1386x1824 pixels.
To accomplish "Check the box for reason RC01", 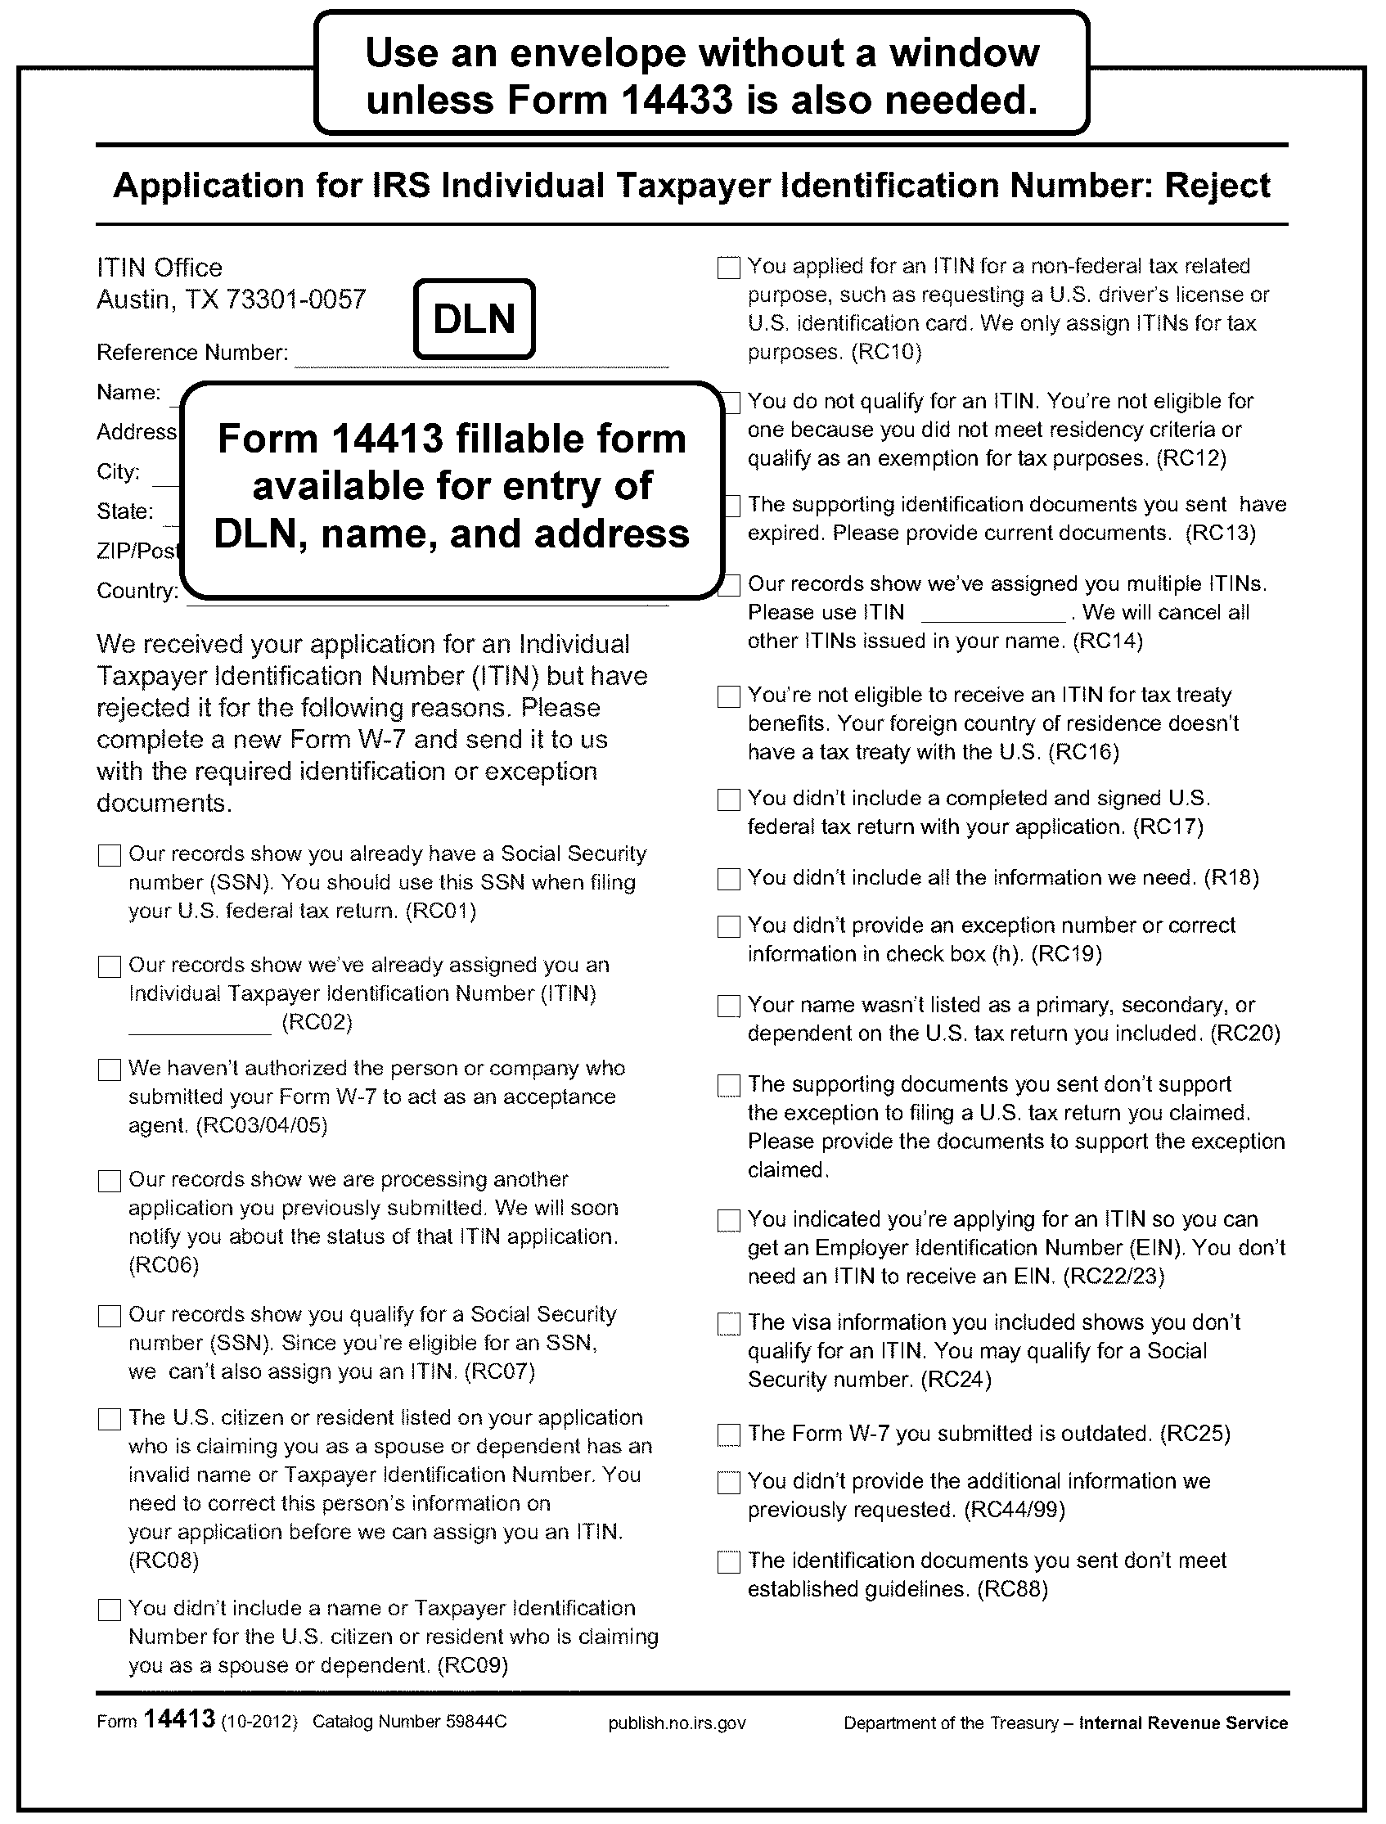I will [110, 854].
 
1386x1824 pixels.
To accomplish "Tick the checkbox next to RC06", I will [110, 1181].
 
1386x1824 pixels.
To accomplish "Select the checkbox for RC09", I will [110, 1610].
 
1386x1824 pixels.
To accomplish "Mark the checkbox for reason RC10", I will [729, 268].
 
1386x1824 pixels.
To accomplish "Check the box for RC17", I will [729, 799].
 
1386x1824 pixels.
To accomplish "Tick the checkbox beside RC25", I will [729, 1434].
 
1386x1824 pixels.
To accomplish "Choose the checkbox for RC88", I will [729, 1561].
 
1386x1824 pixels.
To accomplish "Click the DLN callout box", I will [475, 319].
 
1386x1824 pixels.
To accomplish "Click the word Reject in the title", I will [1217, 186].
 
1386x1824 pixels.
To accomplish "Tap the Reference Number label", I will [192, 353].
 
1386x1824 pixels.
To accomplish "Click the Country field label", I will [137, 591].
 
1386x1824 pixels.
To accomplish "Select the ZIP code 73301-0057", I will [295, 299].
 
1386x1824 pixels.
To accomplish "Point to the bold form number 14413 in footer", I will [179, 1718].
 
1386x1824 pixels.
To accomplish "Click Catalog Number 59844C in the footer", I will [409, 1722].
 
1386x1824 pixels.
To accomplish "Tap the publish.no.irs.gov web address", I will [677, 1723].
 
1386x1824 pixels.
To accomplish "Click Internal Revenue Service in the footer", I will [1183, 1723].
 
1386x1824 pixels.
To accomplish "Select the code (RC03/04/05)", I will [262, 1126].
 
